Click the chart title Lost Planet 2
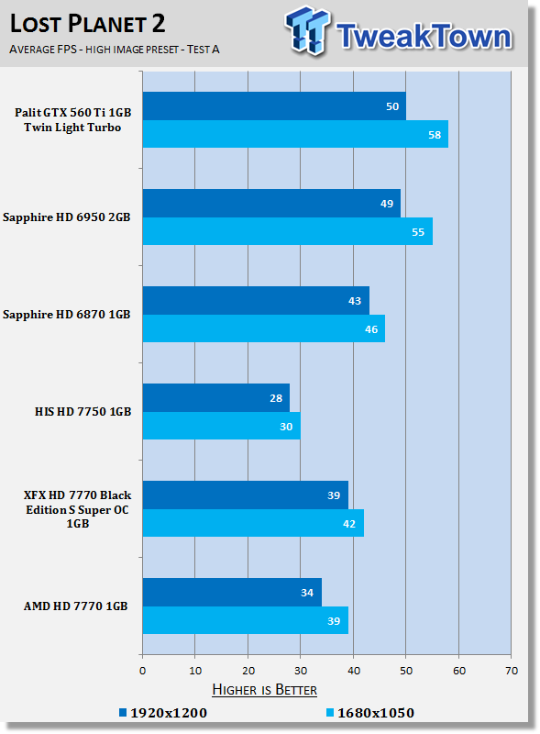pyautogui.click(x=87, y=24)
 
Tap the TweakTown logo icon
pyautogui.click(x=307, y=30)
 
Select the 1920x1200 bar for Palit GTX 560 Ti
pyautogui.click(x=274, y=106)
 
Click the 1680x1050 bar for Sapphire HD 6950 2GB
pyautogui.click(x=288, y=231)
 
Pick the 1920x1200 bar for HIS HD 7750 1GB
pyautogui.click(x=216, y=398)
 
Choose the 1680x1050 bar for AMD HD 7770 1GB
pyautogui.click(x=246, y=620)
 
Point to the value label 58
pyautogui.click(x=435, y=135)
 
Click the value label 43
pyautogui.click(x=355, y=301)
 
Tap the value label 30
pyautogui.click(x=286, y=427)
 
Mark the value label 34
pyautogui.click(x=307, y=593)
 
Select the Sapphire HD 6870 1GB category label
pyautogui.click(x=66, y=314)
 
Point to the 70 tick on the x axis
pyautogui.click(x=512, y=671)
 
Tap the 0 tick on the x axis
pyautogui.click(x=143, y=671)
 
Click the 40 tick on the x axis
pyautogui.click(x=354, y=671)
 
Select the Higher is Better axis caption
pyautogui.click(x=264, y=690)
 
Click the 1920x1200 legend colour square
pyautogui.click(x=123, y=713)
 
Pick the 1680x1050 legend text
pyautogui.click(x=376, y=713)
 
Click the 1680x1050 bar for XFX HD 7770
pyautogui.click(x=253, y=523)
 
